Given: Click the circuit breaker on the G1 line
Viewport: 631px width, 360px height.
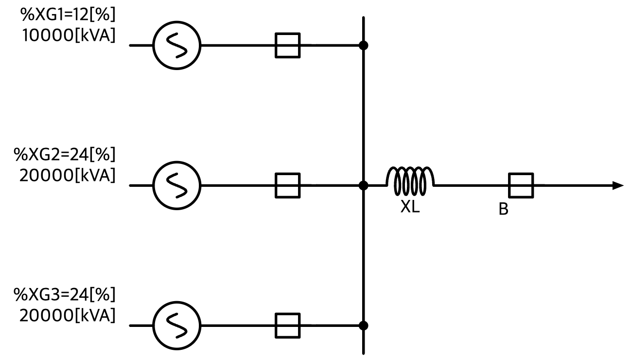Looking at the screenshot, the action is click(288, 34).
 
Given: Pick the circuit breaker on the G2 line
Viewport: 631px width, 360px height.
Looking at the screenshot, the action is click(288, 174).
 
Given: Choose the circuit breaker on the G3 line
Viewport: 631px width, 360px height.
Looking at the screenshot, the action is click(288, 314).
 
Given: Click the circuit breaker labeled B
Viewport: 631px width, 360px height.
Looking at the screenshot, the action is click(521, 174).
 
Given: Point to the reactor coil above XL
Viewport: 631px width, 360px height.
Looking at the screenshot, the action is click(410, 168).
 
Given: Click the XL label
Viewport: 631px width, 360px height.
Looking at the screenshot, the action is click(410, 207).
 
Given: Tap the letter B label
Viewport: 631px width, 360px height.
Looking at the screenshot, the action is click(504, 209).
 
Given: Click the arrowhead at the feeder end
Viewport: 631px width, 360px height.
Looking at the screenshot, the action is click(618, 185).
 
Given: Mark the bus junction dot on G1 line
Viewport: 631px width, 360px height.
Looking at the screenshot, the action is click(364, 45).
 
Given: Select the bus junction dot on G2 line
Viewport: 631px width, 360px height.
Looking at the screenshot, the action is click(364, 185).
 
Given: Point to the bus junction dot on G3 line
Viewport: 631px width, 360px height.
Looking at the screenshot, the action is click(364, 325).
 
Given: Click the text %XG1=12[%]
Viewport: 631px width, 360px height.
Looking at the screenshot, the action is click(68, 15).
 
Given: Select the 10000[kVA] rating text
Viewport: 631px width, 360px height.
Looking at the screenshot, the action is click(69, 36).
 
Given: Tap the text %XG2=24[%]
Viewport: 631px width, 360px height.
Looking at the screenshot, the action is click(65, 155).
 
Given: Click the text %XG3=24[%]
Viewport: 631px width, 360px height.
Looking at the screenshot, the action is click(65, 295).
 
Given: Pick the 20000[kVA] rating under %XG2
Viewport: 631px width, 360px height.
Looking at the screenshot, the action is click(67, 176).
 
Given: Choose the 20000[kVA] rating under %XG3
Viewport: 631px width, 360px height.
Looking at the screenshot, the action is click(67, 316).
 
